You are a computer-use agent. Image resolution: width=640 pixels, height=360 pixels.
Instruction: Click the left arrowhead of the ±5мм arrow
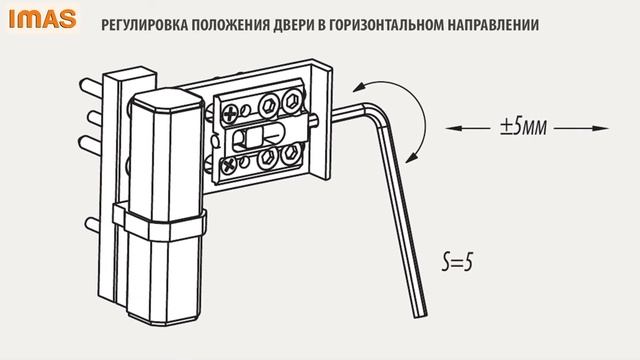(x=443, y=128)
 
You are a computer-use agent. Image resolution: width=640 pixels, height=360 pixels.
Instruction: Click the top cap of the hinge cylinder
(x=164, y=103)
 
